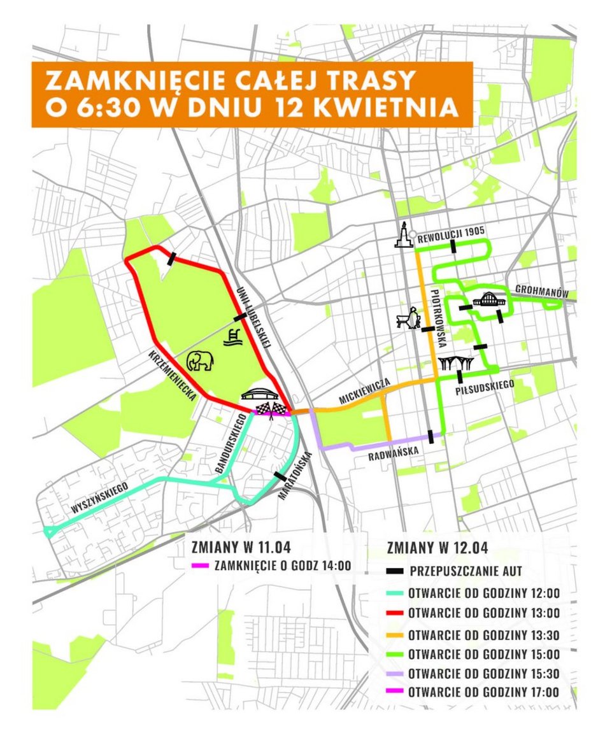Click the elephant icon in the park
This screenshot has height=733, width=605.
[x=200, y=361]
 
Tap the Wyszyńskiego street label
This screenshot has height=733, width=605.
[x=100, y=499]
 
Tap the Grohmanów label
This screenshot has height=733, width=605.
[x=544, y=292]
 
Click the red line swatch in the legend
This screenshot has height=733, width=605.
[x=395, y=613]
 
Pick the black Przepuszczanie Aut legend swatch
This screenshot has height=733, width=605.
[x=395, y=571]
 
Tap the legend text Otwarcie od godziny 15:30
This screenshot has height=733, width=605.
[x=484, y=673]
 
